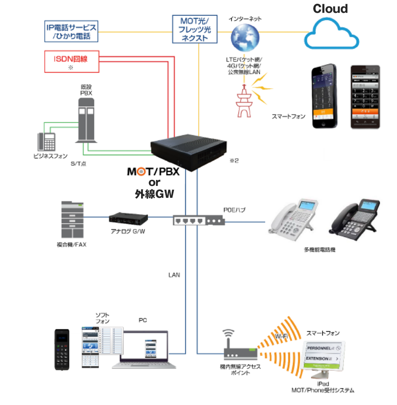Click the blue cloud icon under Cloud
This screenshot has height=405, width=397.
(x=331, y=34)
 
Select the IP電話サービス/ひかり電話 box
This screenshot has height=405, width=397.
(x=71, y=31)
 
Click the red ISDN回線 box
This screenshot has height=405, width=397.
(x=71, y=62)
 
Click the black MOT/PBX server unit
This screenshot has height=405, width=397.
(x=189, y=151)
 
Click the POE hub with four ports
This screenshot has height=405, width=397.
(x=198, y=220)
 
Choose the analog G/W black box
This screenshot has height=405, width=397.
(x=128, y=218)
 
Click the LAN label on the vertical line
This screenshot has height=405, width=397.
(x=174, y=275)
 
